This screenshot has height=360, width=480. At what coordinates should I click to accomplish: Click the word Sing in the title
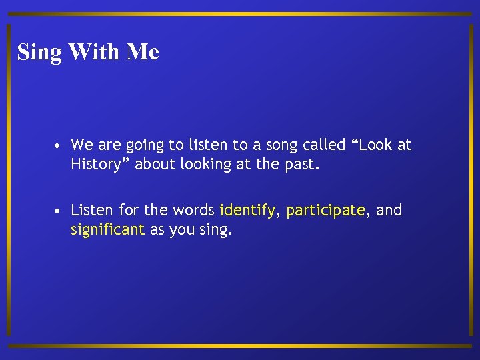tap(39, 52)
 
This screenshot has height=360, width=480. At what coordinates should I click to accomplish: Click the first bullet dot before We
tap(59, 145)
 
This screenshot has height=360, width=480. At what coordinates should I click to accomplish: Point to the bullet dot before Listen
tap(59, 211)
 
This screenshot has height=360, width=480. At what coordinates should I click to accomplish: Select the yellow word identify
tap(247, 211)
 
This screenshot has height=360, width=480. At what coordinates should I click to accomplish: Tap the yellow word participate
tap(325, 211)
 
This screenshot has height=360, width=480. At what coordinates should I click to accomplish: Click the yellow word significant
tap(107, 230)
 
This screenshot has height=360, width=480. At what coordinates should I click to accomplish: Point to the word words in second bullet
tap(193, 211)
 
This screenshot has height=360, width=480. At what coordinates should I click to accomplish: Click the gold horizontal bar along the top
tap(240, 13)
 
